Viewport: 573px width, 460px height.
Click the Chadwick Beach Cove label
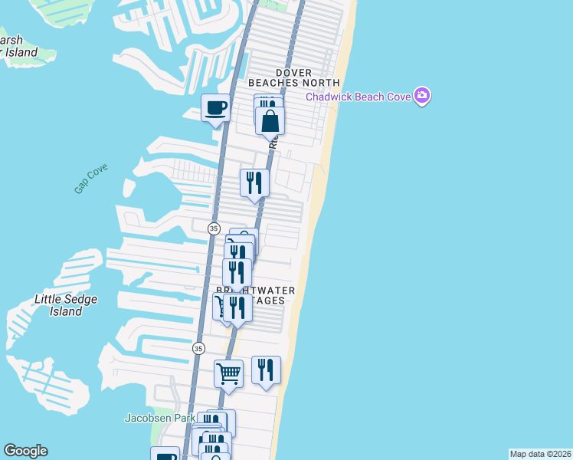pos(358,96)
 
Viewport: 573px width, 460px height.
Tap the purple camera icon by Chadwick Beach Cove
pos(421,96)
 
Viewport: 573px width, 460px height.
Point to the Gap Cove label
pos(91,179)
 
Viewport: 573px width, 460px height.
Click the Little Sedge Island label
pos(66,305)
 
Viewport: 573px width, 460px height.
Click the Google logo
pos(25,451)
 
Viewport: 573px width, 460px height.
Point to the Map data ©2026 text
pos(540,454)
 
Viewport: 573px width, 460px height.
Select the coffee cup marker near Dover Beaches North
pos(215,108)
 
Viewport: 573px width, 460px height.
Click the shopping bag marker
pos(270,121)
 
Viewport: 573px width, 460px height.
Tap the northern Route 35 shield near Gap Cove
pos(214,228)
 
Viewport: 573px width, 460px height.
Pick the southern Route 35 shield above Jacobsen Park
pos(198,347)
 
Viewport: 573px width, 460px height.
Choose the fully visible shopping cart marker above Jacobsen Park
pos(228,374)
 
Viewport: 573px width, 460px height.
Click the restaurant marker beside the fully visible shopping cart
pos(266,370)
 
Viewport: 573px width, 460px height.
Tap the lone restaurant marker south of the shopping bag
pos(254,182)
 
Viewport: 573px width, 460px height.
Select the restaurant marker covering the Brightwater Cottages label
pos(237,307)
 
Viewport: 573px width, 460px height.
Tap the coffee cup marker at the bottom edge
pos(165,455)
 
